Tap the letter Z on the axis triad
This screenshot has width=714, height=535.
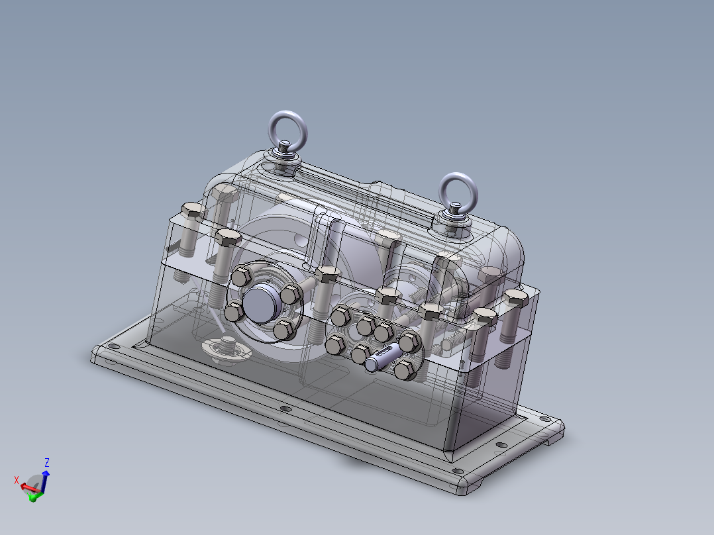tap(46, 463)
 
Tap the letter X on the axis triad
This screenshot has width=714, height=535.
tap(17, 480)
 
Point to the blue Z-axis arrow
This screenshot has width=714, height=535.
tap(44, 481)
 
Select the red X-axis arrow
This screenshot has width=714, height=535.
tap(29, 489)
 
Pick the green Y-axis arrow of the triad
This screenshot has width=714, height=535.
tap(34, 497)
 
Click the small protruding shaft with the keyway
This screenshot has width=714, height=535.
tap(383, 358)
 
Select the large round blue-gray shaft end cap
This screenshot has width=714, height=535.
tap(259, 303)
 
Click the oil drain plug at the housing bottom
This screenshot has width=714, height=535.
tap(227, 348)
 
